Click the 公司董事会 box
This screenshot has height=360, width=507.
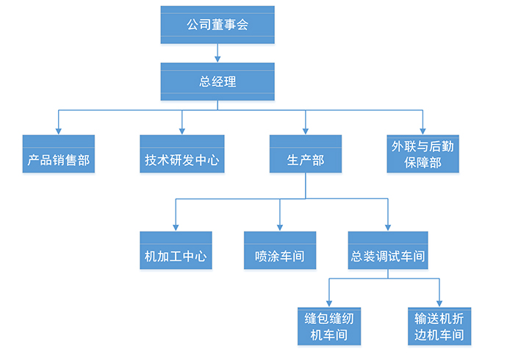pos(217,25)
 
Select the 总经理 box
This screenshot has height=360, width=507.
pos(217,82)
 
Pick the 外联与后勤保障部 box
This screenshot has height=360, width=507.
pos(423,154)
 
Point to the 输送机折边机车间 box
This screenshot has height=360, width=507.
pos(439,326)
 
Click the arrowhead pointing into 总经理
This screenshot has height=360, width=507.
pos(217,58)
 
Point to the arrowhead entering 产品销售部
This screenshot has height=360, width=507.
pos(59,130)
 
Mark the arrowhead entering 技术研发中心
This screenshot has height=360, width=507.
pos(181,130)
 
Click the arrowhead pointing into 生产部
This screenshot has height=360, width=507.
pos(306,130)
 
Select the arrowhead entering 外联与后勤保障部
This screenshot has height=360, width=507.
pos(423,130)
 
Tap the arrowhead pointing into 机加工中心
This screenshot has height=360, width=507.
pos(176,227)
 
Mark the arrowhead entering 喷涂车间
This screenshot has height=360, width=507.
pos(280,227)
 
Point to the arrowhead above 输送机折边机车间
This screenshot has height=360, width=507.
pos(439,303)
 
